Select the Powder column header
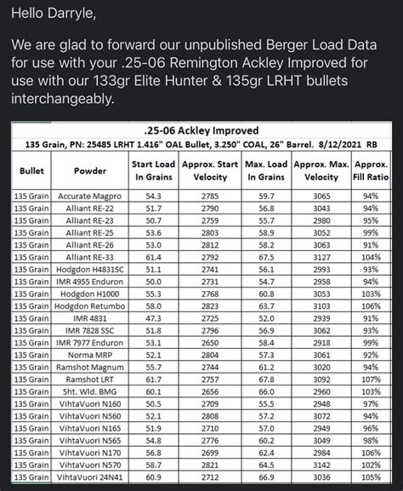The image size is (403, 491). pyautogui.click(x=84, y=171)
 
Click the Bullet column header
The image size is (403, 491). pyautogui.click(x=31, y=171)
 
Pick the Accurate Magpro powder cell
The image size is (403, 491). pyautogui.click(x=84, y=196)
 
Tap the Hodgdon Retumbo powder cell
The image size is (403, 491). pyautogui.click(x=84, y=305)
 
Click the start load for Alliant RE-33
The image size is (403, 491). pyautogui.click(x=153, y=256)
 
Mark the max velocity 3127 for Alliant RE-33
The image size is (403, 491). pyautogui.click(x=321, y=256)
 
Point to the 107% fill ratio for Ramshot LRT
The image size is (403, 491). pyautogui.click(x=370, y=379)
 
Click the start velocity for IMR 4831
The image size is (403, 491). pyautogui.click(x=209, y=317)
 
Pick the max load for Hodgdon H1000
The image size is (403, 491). pyautogui.click(x=267, y=293)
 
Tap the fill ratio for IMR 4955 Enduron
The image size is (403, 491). pyautogui.click(x=370, y=281)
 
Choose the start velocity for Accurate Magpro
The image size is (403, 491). pyautogui.click(x=209, y=196)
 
